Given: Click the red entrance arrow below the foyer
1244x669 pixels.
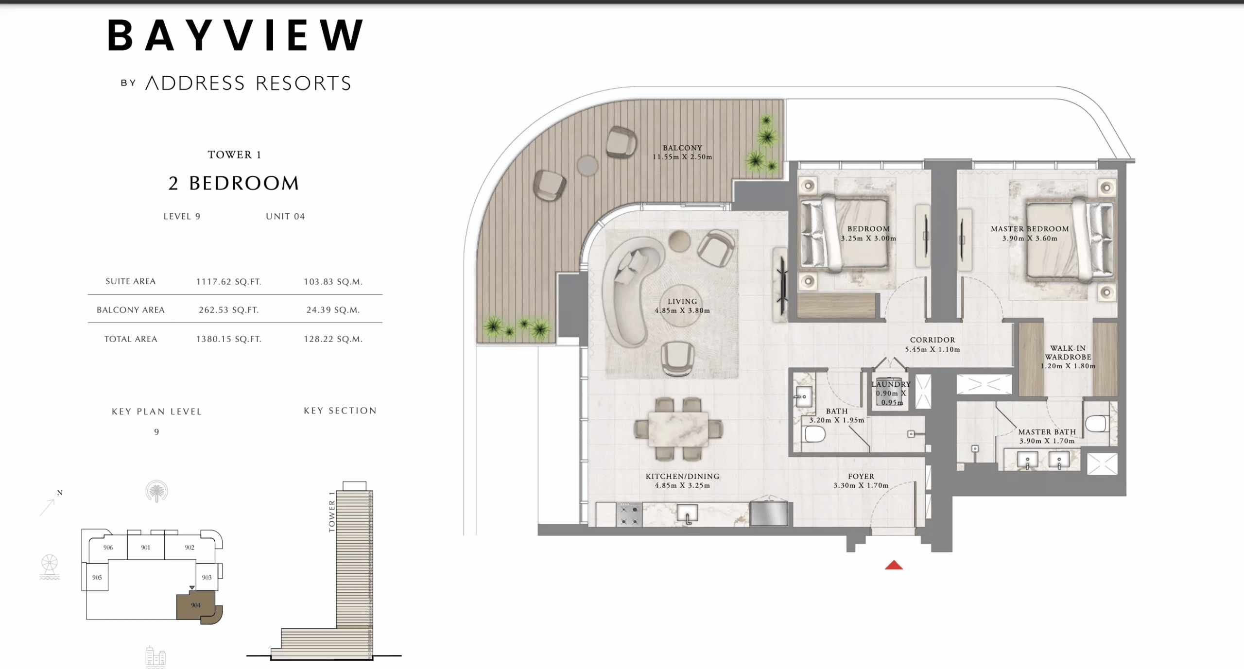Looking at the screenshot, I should click(x=893, y=565).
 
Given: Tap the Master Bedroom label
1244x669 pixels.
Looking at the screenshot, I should click(x=1029, y=229).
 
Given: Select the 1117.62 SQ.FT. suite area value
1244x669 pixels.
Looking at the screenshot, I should click(x=228, y=282).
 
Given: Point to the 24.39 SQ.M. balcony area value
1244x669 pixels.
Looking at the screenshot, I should click(x=333, y=310).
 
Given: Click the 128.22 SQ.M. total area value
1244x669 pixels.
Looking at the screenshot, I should click(x=333, y=339).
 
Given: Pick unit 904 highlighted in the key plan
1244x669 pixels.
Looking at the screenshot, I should click(x=195, y=605).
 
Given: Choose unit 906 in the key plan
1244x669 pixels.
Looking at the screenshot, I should click(x=108, y=548).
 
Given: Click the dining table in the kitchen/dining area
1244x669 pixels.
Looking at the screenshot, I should click(x=678, y=429).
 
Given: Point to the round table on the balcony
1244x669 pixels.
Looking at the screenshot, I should click(x=587, y=166).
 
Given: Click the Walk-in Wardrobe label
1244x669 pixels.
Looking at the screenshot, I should click(x=1068, y=353).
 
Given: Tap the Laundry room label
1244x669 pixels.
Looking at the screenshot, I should click(x=891, y=384).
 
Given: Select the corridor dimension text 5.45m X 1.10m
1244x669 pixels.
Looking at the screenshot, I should click(x=932, y=349).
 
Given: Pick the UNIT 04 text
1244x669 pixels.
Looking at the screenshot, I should click(x=285, y=217).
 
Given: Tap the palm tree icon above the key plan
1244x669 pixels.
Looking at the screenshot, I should click(x=156, y=491).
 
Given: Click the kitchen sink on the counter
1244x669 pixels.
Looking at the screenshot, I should click(x=687, y=513).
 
